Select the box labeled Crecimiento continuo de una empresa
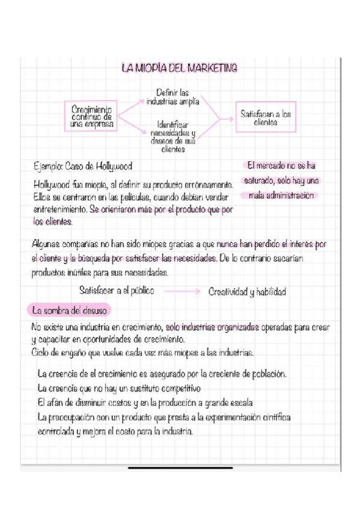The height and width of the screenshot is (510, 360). [x=92, y=116]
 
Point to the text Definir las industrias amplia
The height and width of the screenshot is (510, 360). [x=172, y=97]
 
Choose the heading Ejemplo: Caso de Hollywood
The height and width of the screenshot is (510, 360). [x=83, y=165]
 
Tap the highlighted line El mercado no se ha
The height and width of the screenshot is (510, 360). [x=281, y=165]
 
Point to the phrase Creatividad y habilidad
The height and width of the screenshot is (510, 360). [x=247, y=292]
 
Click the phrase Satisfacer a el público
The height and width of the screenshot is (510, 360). [x=117, y=290]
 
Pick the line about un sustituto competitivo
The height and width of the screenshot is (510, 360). [x=119, y=387]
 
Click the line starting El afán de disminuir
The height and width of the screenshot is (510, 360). [x=145, y=402]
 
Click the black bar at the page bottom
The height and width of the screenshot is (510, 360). [x=180, y=467]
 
